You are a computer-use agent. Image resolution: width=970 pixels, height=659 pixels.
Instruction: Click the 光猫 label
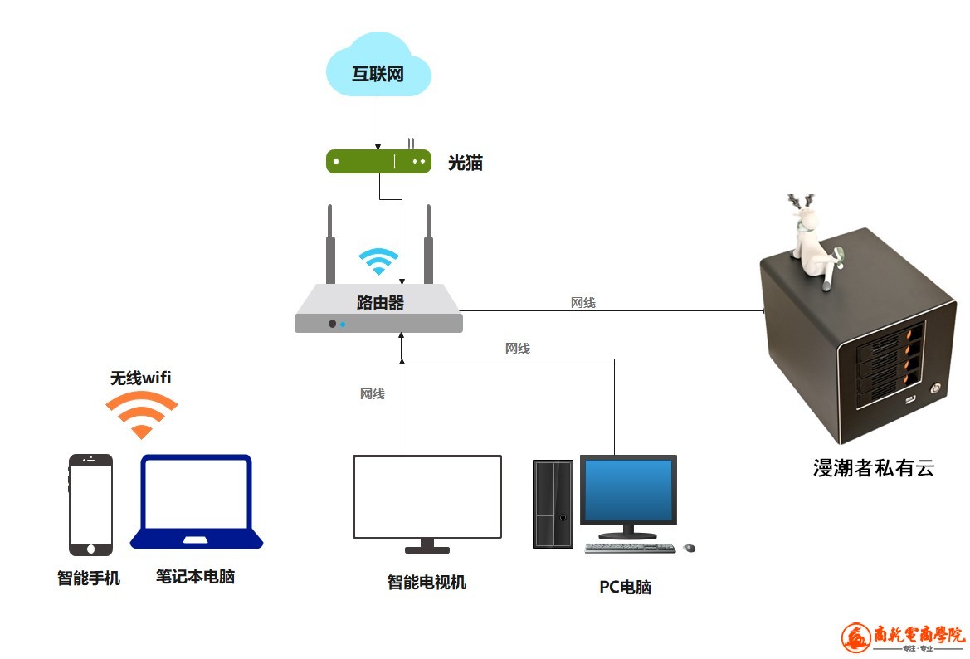[466, 163]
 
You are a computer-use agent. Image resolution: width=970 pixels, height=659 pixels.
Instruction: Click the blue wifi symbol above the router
[378, 261]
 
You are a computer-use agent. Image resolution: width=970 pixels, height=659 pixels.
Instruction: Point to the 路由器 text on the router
[379, 302]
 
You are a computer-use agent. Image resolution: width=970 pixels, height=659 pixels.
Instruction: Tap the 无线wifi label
[141, 378]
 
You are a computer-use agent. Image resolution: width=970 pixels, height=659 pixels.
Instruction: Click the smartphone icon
[90, 505]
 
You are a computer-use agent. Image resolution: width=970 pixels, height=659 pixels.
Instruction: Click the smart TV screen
[427, 496]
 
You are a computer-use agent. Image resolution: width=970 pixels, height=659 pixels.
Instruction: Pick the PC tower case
[553, 504]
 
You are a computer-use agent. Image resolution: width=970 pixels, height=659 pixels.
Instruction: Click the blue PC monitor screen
[628, 490]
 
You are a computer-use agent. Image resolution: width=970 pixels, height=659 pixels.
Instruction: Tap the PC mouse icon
[689, 548]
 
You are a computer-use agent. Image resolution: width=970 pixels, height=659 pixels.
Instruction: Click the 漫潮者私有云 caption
[873, 468]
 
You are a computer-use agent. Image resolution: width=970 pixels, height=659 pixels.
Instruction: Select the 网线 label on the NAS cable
[582, 303]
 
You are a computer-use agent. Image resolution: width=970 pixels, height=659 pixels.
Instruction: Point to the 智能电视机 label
[427, 583]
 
